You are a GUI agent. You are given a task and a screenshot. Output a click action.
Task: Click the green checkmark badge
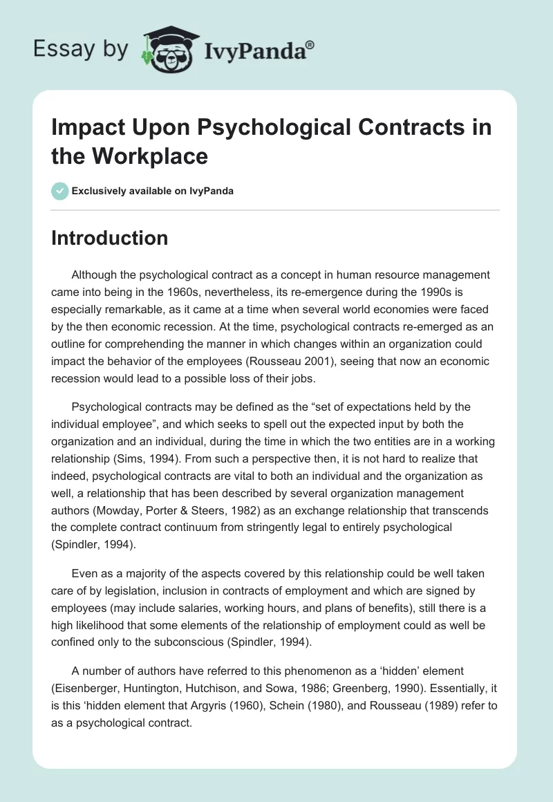(x=60, y=192)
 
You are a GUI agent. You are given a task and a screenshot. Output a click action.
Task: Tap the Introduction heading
(x=110, y=238)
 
